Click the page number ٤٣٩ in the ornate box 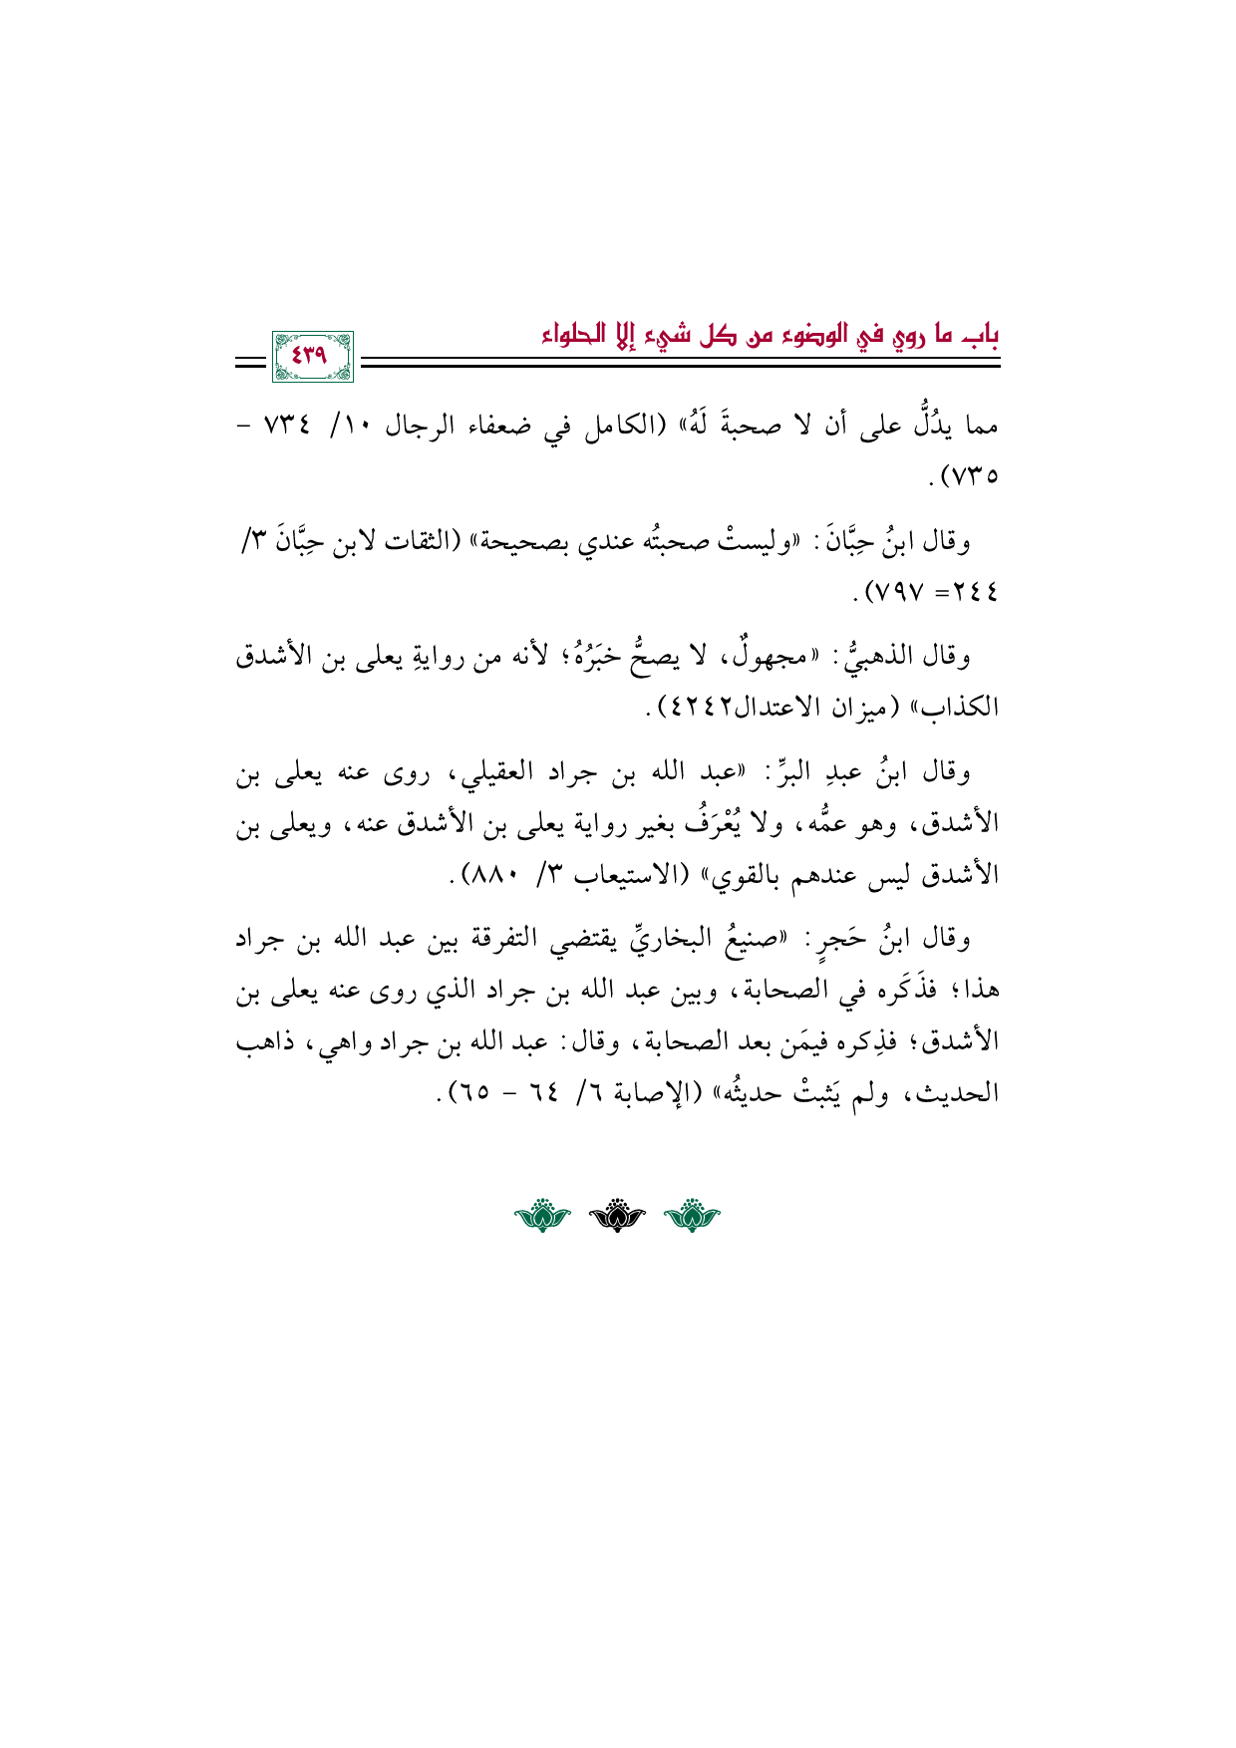311,353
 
